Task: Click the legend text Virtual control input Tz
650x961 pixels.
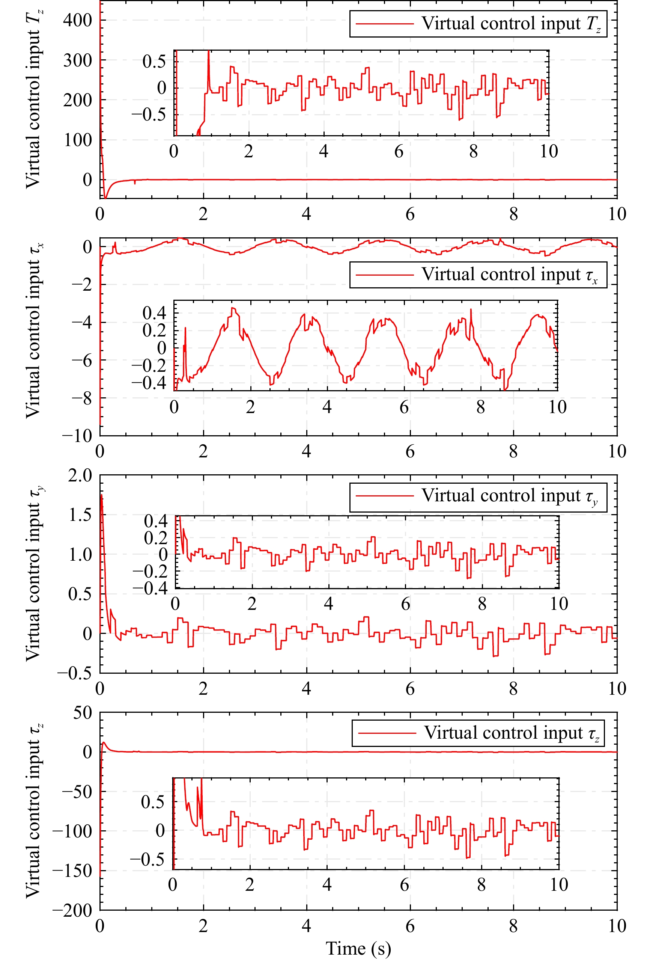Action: (511, 24)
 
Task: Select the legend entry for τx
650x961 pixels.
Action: (478, 275)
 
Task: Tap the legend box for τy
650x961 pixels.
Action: (478, 497)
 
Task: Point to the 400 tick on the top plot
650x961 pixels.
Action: (77, 20)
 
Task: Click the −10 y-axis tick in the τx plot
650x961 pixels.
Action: (77, 436)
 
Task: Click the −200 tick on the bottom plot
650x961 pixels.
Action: (72, 910)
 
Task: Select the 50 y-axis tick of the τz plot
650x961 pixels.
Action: (82, 713)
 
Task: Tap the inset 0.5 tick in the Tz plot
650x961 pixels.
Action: (154, 62)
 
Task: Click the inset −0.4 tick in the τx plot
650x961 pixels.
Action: (149, 383)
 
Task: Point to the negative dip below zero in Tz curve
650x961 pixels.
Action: (105, 197)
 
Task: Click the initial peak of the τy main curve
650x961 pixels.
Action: (102, 495)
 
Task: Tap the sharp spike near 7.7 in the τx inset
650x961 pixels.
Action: (471, 310)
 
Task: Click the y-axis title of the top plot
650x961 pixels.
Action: (34, 99)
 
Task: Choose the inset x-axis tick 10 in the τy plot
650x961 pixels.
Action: (558, 604)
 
